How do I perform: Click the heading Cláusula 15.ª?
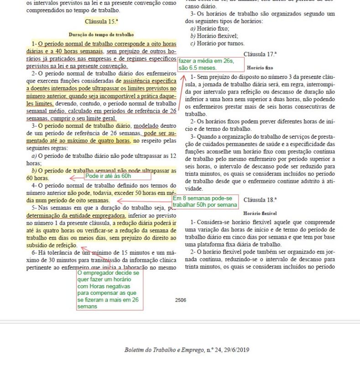[101, 21]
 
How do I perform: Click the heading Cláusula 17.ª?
[260, 54]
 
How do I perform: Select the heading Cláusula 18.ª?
[260, 200]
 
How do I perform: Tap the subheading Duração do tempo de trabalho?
[101, 35]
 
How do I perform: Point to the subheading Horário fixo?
[260, 67]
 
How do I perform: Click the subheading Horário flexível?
[260, 213]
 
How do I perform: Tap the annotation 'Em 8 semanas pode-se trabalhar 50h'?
[205, 201]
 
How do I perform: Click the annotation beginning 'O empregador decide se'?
[110, 289]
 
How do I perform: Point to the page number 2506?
[180, 300]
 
